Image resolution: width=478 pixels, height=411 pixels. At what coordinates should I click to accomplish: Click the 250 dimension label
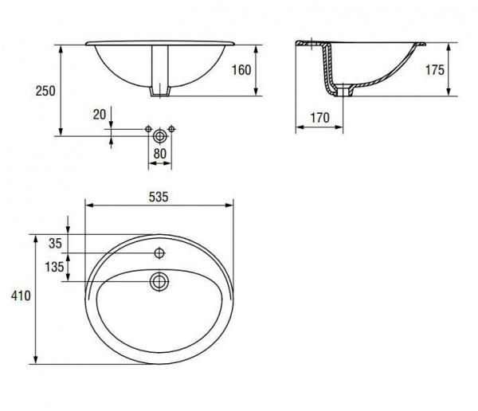pyautogui.click(x=45, y=91)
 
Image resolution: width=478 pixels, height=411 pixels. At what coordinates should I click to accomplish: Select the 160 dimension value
pyautogui.click(x=241, y=70)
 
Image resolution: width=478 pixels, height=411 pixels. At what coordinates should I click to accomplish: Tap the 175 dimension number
pyautogui.click(x=435, y=70)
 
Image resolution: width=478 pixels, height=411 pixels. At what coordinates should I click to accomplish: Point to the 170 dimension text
pyautogui.click(x=319, y=118)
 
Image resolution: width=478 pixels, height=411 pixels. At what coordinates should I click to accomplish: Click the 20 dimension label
pyautogui.click(x=100, y=115)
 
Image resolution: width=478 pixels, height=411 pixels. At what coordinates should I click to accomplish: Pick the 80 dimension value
pyautogui.click(x=160, y=154)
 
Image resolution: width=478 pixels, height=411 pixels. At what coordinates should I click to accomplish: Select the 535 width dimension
pyautogui.click(x=159, y=197)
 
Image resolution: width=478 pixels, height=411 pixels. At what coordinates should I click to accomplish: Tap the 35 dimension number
pyautogui.click(x=55, y=243)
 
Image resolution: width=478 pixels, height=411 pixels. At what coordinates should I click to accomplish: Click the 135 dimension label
pyautogui.click(x=54, y=267)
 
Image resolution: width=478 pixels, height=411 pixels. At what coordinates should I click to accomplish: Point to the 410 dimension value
pyautogui.click(x=21, y=296)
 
